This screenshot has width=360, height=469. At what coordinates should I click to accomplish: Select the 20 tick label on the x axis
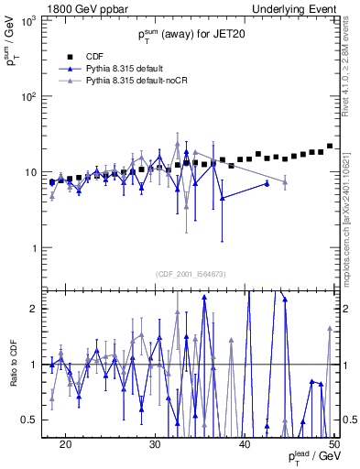coord(65,443)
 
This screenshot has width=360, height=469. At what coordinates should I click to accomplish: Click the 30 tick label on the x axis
coord(155,443)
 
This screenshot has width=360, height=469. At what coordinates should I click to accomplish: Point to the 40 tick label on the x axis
coord(245,443)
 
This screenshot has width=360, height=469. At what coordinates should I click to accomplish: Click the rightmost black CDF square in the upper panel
coord(330,146)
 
